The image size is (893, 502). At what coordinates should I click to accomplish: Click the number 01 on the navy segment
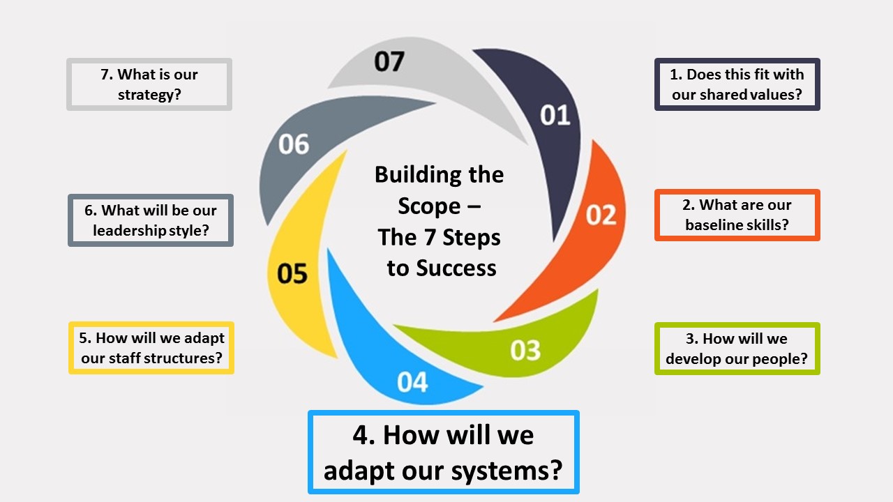click(x=555, y=115)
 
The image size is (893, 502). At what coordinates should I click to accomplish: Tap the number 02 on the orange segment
click(x=601, y=215)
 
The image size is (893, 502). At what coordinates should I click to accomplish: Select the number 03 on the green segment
click(x=525, y=350)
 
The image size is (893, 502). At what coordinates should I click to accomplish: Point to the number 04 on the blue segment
click(x=412, y=382)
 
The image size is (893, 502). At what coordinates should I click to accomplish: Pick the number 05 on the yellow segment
click(x=292, y=273)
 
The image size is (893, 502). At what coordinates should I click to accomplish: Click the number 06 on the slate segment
click(x=294, y=144)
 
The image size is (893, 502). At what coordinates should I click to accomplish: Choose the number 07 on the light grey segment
click(x=389, y=61)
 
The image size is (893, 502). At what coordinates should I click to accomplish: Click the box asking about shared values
click(x=737, y=84)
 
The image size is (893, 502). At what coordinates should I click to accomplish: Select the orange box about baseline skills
click(x=737, y=215)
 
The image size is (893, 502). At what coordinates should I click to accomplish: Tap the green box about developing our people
click(x=737, y=349)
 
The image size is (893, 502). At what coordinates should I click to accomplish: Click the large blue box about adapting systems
click(x=443, y=452)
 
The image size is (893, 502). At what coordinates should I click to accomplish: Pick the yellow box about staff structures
click(x=151, y=348)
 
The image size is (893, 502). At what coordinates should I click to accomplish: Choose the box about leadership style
click(x=151, y=220)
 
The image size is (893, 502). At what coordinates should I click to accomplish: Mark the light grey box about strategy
click(x=149, y=84)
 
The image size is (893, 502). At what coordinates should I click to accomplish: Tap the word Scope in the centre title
click(x=429, y=206)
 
